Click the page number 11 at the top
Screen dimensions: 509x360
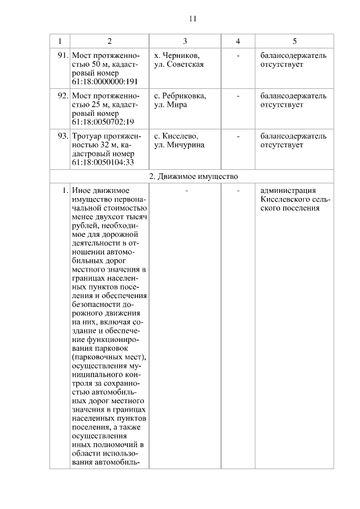(x=192, y=19)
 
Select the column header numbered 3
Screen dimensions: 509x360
(x=185, y=42)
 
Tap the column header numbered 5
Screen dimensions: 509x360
(x=294, y=42)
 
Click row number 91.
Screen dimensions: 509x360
(x=63, y=56)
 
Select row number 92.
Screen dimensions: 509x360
(x=63, y=96)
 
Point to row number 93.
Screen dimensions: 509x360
(x=63, y=136)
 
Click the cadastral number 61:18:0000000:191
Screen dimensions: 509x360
(x=106, y=82)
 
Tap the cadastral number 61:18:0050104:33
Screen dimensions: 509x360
(x=103, y=163)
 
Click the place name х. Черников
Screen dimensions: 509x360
(x=177, y=56)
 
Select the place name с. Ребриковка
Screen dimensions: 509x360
(x=180, y=96)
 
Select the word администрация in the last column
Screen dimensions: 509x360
(x=289, y=191)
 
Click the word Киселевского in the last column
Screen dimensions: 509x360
(x=285, y=200)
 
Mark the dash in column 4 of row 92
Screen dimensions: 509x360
(x=238, y=96)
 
